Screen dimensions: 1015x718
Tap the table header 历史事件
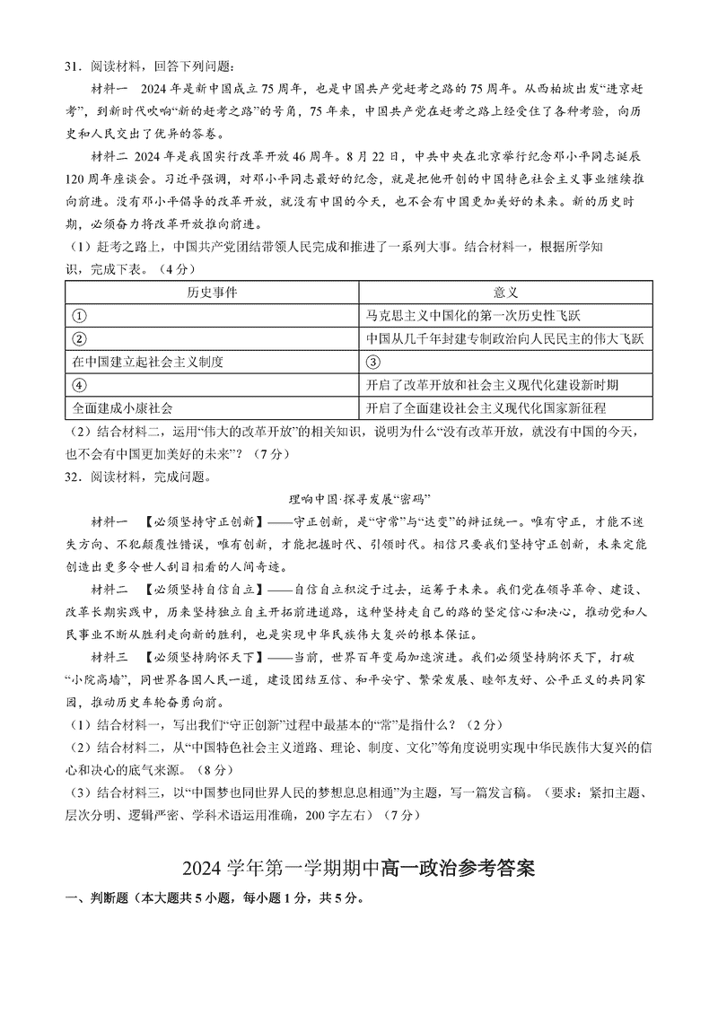pyautogui.click(x=212, y=293)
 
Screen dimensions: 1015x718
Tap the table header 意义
pyautogui.click(x=505, y=293)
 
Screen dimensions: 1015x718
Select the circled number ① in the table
pyautogui.click(x=78, y=316)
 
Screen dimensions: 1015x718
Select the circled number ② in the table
pyautogui.click(x=78, y=339)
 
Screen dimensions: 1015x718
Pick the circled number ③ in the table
pyautogui.click(x=374, y=362)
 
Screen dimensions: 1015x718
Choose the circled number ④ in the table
pyautogui.click(x=78, y=385)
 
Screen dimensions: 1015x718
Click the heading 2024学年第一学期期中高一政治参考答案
pyautogui.click(x=359, y=870)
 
